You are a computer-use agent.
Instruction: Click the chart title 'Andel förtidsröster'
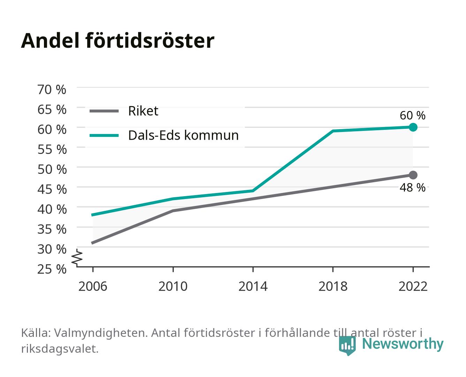click(118, 41)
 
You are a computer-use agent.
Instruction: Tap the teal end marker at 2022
click(413, 127)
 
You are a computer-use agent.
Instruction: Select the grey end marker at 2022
click(413, 175)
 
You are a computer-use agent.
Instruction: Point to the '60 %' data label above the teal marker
click(412, 116)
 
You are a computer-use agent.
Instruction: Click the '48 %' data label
click(412, 187)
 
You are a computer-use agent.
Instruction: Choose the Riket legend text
click(143, 111)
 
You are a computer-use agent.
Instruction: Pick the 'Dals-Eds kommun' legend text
click(183, 135)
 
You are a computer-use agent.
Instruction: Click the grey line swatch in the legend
click(104, 111)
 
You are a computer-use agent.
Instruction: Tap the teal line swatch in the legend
click(104, 135)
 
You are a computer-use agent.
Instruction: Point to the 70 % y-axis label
click(52, 90)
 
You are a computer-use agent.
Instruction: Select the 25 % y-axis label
click(52, 269)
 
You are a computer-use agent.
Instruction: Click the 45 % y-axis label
click(52, 190)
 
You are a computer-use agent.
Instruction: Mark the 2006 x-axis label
click(93, 286)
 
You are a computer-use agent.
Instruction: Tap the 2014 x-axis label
click(253, 286)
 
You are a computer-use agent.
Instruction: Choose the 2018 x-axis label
click(333, 286)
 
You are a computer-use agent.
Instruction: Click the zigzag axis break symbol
click(77, 258)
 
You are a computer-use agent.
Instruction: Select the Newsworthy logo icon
click(347, 346)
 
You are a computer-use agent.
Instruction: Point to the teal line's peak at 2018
click(333, 131)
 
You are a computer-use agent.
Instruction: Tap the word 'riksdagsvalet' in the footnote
click(60, 349)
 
